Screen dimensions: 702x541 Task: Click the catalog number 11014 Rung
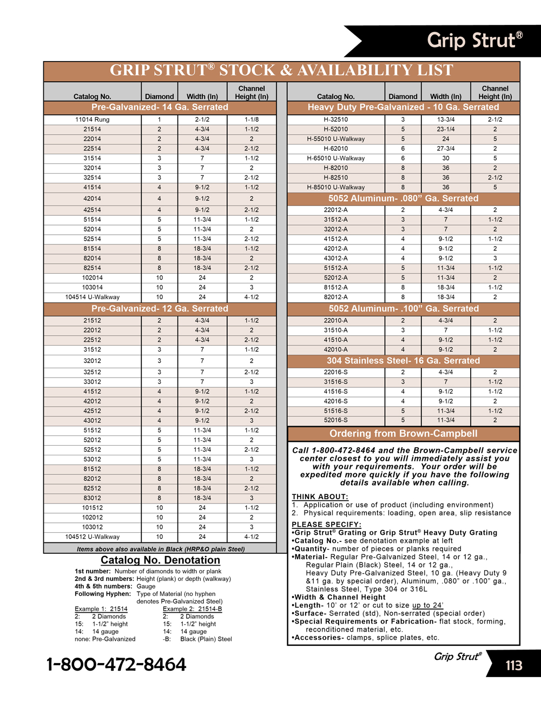click(92, 120)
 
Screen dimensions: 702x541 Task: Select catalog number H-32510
click(335, 120)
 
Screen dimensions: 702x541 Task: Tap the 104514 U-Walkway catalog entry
click(92, 297)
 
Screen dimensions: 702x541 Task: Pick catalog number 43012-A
click(335, 259)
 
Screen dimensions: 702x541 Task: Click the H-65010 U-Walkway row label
click(335, 158)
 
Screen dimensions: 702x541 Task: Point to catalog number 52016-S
click(335, 420)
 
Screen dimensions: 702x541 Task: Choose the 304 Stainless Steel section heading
click(403, 361)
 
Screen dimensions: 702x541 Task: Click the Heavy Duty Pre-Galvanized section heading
click(403, 107)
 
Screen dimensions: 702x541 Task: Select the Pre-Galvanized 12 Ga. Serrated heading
click(160, 309)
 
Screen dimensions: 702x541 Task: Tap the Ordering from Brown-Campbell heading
click(403, 434)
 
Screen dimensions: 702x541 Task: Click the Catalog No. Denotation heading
click(160, 560)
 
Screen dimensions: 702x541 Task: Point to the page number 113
click(514, 665)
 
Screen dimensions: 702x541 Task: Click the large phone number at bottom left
click(116, 665)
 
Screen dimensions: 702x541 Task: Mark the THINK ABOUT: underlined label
click(320, 496)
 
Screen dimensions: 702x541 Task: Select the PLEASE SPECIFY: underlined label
click(326, 525)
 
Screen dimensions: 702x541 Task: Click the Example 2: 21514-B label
click(192, 609)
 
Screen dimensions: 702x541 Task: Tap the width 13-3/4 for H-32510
click(445, 120)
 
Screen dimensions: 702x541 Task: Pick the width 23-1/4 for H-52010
click(445, 129)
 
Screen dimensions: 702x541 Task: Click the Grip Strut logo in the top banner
click(474, 41)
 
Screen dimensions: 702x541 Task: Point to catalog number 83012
click(92, 498)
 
